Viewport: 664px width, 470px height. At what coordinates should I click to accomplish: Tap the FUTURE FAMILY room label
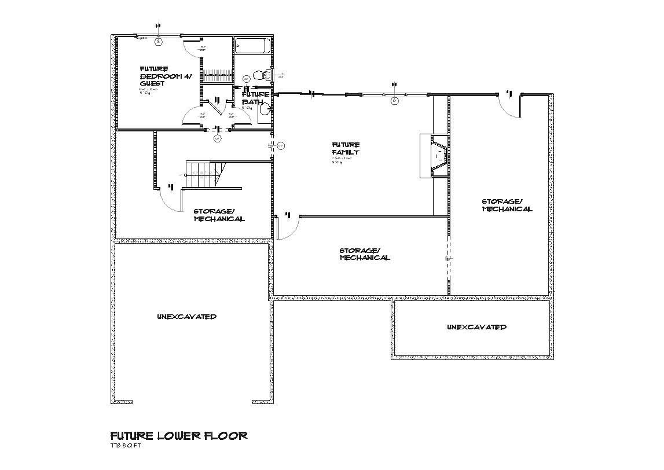346,149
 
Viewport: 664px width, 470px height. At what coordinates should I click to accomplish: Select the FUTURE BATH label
255,98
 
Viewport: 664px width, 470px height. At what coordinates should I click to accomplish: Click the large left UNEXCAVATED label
186,317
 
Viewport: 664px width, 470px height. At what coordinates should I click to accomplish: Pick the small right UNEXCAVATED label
476,327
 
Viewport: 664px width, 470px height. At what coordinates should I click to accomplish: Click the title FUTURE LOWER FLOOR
179,435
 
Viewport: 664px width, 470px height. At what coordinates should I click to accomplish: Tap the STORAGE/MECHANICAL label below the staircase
219,215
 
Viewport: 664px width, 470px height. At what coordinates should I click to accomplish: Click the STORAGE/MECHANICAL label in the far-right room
507,205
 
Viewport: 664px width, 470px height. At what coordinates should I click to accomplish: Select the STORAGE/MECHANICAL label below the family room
364,254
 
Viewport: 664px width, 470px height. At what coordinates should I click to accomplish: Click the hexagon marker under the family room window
395,101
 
